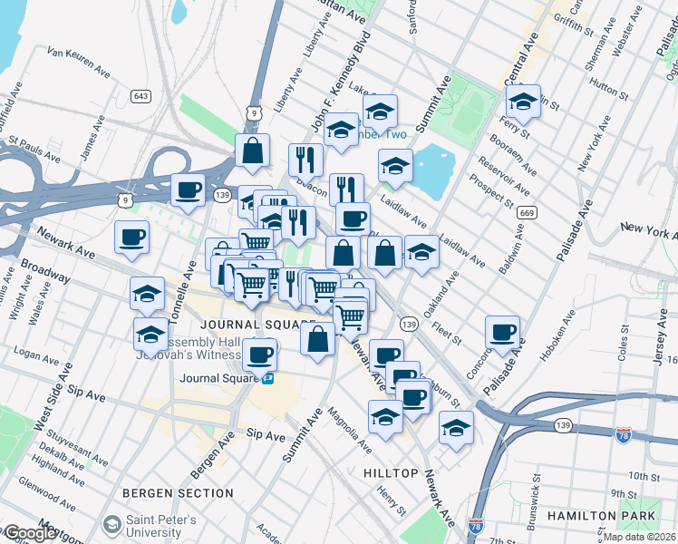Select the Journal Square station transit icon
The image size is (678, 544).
click(269, 378)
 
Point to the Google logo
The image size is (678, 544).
click(29, 533)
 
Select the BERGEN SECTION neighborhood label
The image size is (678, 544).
click(179, 493)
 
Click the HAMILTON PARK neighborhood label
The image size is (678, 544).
click(616, 516)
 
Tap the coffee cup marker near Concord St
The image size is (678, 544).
click(501, 332)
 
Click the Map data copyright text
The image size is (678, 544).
click(640, 537)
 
